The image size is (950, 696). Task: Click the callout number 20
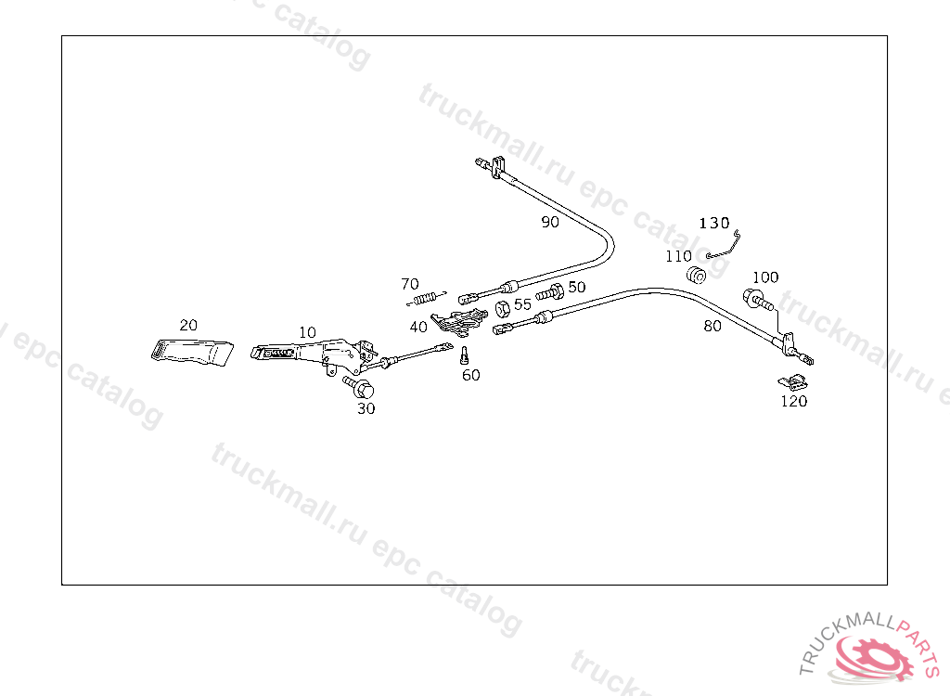[x=188, y=325]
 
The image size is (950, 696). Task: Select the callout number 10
[x=307, y=332]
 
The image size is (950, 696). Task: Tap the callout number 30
[x=366, y=408]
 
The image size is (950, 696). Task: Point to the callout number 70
[x=410, y=284]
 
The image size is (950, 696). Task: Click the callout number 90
[x=550, y=222]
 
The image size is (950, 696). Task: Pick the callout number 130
[x=714, y=224]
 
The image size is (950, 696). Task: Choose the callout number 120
[x=794, y=402]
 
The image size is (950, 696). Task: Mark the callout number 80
[x=712, y=326]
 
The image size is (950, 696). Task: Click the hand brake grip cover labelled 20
[x=192, y=353]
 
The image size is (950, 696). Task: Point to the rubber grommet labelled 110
[x=697, y=275]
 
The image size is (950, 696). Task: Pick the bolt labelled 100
[x=755, y=300]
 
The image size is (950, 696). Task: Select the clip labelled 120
[x=792, y=381]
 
